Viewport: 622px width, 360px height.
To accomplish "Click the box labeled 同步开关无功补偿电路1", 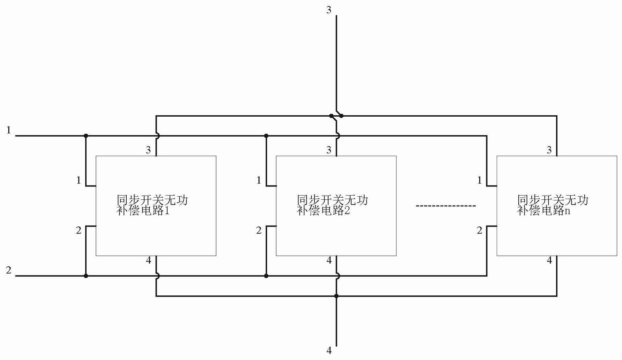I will (x=156, y=206).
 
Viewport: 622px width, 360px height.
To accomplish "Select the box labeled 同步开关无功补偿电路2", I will (x=336, y=206).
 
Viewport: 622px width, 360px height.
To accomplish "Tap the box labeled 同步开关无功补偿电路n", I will (x=556, y=206).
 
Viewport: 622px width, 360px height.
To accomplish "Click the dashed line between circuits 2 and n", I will (x=446, y=206).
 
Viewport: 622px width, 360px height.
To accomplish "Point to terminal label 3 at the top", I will (x=329, y=10).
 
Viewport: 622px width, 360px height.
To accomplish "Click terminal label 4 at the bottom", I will (x=329, y=350).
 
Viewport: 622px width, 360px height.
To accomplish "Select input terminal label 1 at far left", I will (x=9, y=131).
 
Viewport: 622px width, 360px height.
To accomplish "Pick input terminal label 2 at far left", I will (x=9, y=270).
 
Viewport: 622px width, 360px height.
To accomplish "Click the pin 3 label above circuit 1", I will (x=149, y=150).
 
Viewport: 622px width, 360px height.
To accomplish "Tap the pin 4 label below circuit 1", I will (x=149, y=260).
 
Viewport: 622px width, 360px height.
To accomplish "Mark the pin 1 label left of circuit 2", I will (x=259, y=181).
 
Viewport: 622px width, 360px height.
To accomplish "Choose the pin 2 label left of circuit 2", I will (x=259, y=230).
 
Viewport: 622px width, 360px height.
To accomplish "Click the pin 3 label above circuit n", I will (x=549, y=150).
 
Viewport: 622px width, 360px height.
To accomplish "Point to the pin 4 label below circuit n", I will (x=549, y=260).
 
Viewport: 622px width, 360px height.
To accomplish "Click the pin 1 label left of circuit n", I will (x=480, y=181).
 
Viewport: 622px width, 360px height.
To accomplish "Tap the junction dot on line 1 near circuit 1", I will (x=86, y=135).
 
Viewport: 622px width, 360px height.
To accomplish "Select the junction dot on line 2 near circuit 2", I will (x=266, y=276).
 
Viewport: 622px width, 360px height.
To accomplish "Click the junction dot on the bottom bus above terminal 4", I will (x=336, y=296).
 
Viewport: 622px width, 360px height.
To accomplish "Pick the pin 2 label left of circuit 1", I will (x=79, y=230).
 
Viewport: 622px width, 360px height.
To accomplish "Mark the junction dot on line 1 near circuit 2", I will (x=266, y=135).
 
